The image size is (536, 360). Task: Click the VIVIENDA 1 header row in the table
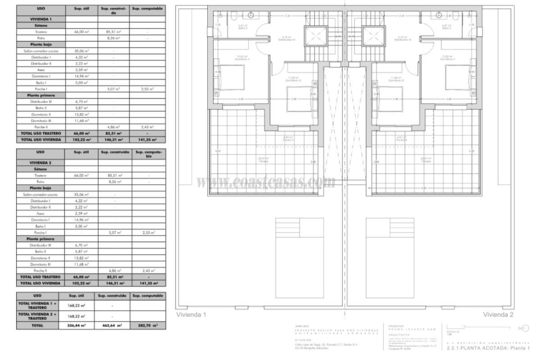[41, 19]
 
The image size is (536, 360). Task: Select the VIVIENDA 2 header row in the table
[41, 162]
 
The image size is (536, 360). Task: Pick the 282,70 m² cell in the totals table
[147, 324]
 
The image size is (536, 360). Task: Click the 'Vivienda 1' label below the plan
[191, 315]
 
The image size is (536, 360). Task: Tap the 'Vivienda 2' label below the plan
[498, 315]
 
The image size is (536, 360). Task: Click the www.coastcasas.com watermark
[266, 182]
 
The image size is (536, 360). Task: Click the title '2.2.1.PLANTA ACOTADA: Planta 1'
[487, 348]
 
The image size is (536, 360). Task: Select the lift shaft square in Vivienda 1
[314, 36]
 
